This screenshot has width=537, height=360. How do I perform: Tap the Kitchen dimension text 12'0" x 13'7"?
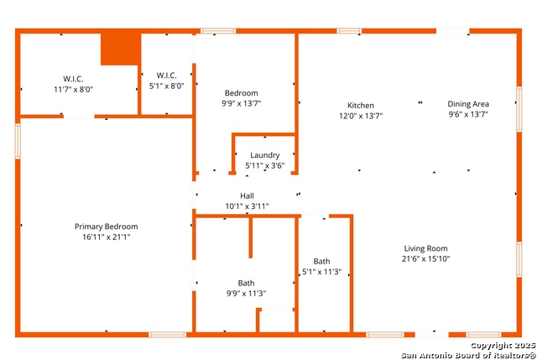click(x=361, y=116)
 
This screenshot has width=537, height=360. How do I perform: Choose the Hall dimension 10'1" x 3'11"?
click(x=247, y=206)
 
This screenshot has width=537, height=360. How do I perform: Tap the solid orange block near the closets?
click(x=121, y=49)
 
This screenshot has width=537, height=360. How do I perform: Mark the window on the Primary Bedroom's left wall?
click(x=18, y=141)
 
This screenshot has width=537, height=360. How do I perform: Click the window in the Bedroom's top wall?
click(x=218, y=31)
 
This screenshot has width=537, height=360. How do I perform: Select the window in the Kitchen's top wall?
click(x=349, y=31)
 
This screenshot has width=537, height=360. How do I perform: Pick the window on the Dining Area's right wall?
click(x=519, y=109)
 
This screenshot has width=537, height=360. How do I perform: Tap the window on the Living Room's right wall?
click(x=519, y=259)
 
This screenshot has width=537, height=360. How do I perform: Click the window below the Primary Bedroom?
click(x=167, y=335)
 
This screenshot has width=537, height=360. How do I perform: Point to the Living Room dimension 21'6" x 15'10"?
click(x=425, y=258)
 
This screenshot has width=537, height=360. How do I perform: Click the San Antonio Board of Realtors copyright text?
click(x=468, y=355)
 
